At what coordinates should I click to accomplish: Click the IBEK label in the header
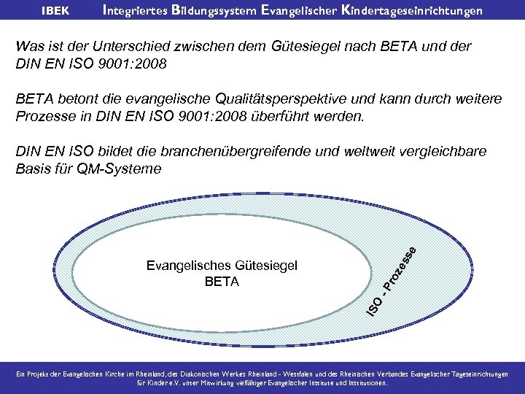55,11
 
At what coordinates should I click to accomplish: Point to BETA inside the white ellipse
222,282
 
